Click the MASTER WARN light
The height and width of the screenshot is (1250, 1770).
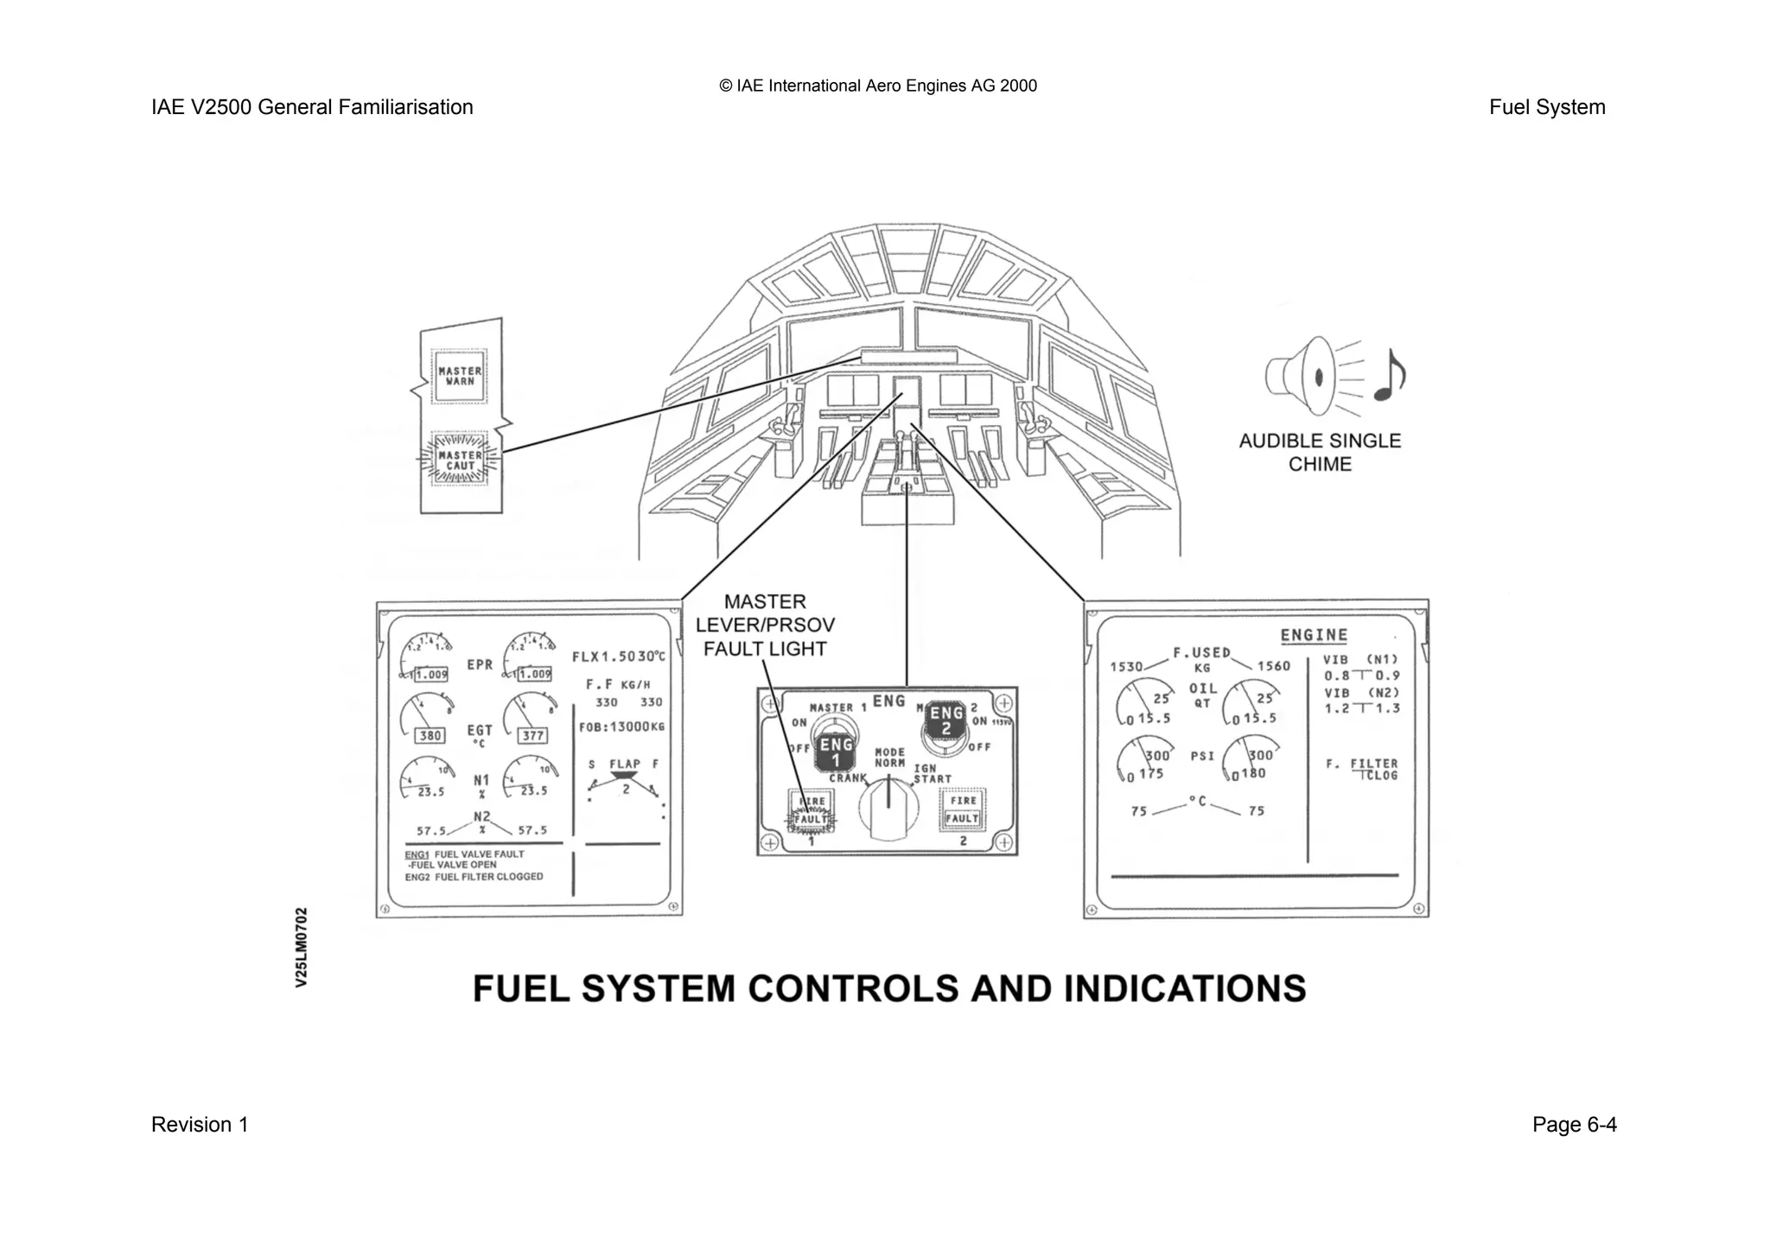pyautogui.click(x=460, y=376)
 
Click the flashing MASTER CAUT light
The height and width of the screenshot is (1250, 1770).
pyautogui.click(x=460, y=460)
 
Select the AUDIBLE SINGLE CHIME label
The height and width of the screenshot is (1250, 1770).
pyautogui.click(x=1320, y=452)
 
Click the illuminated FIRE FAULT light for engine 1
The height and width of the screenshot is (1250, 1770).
pyautogui.click(x=811, y=810)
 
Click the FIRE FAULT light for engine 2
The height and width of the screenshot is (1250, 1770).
pyautogui.click(x=963, y=809)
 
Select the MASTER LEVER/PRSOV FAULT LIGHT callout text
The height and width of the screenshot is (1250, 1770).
pyautogui.click(x=765, y=625)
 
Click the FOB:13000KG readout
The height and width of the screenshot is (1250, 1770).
pyautogui.click(x=621, y=727)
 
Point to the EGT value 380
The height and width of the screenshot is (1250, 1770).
pyautogui.click(x=430, y=735)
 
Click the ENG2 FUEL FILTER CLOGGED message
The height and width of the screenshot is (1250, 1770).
pyautogui.click(x=474, y=877)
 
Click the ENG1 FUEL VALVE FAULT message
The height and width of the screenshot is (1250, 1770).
pyautogui.click(x=465, y=854)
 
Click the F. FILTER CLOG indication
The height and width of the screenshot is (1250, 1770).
pyautogui.click(x=1362, y=769)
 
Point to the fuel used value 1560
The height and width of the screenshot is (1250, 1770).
pyautogui.click(x=1273, y=666)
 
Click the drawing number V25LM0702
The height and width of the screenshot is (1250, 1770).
pyautogui.click(x=301, y=947)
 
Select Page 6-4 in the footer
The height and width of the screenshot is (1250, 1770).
pyautogui.click(x=1574, y=1125)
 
